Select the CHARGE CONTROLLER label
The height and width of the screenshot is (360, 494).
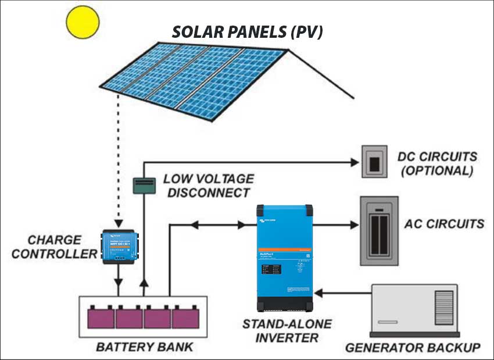pos(55,247)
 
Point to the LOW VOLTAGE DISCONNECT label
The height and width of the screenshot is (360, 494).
pos(208,186)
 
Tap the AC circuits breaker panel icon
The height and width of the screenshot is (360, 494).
pos(379,230)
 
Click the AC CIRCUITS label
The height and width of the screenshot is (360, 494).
pos(445,224)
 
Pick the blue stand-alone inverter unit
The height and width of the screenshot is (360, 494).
pos(285,256)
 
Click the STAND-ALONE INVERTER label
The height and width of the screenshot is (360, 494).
pos(287,331)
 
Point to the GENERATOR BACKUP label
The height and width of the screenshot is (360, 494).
pos(413,348)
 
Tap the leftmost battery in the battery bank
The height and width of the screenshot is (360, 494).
pos(101,318)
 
